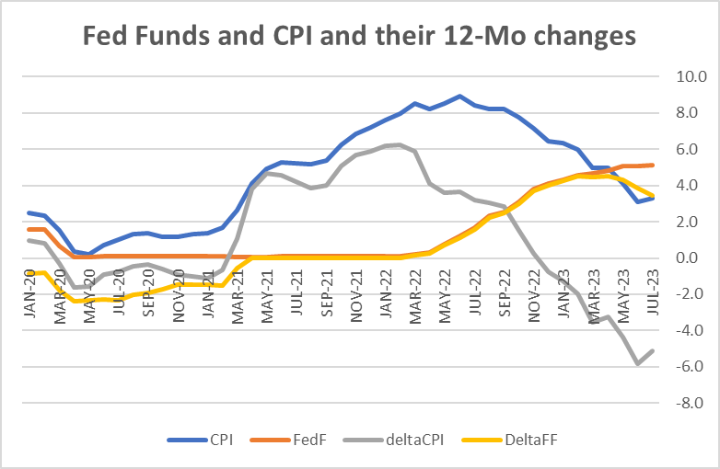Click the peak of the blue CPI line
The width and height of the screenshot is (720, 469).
pyautogui.click(x=459, y=96)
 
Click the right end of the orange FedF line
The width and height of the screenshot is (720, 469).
pyautogui.click(x=653, y=166)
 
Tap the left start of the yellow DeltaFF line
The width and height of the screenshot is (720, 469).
pyautogui.click(x=31, y=273)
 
